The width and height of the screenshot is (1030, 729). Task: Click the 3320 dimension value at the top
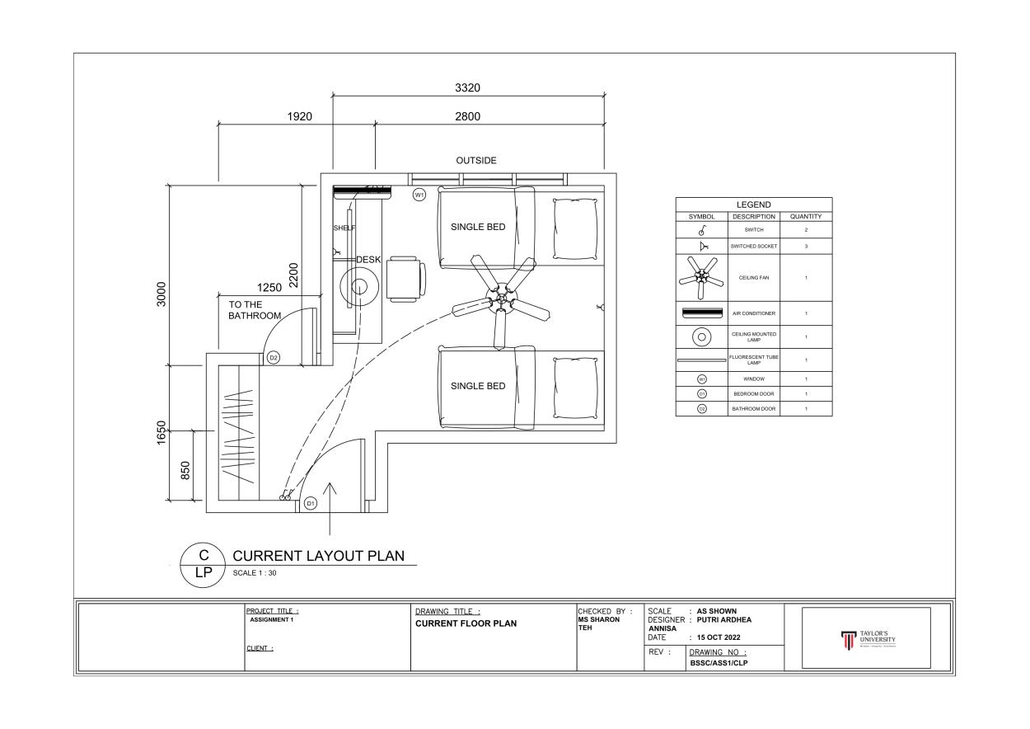pyautogui.click(x=467, y=88)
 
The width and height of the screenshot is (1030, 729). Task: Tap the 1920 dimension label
pyautogui.click(x=299, y=116)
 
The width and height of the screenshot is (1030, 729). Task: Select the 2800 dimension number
pyautogui.click(x=467, y=116)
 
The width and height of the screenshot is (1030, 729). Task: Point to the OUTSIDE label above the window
pyautogui.click(x=476, y=161)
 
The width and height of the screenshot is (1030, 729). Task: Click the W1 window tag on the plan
pyautogui.click(x=419, y=195)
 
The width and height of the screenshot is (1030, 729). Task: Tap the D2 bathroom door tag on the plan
pyautogui.click(x=274, y=358)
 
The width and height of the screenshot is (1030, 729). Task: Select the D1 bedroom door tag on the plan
pyautogui.click(x=310, y=502)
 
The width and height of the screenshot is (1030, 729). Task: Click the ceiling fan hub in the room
pyautogui.click(x=500, y=300)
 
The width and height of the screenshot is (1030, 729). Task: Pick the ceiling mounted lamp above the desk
pyautogui.click(x=359, y=287)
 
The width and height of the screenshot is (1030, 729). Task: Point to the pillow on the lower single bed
pyautogui.click(x=575, y=388)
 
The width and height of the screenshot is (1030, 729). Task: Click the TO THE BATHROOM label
pyautogui.click(x=255, y=310)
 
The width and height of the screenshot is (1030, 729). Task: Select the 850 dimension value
pyautogui.click(x=185, y=470)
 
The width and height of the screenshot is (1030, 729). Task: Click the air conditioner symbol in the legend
pyautogui.click(x=702, y=313)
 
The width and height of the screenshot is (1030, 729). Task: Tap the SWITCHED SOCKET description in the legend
pyautogui.click(x=753, y=246)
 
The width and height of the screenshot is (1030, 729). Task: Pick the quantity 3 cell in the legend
pyautogui.click(x=805, y=246)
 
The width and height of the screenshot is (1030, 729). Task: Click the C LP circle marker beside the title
pyautogui.click(x=202, y=565)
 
